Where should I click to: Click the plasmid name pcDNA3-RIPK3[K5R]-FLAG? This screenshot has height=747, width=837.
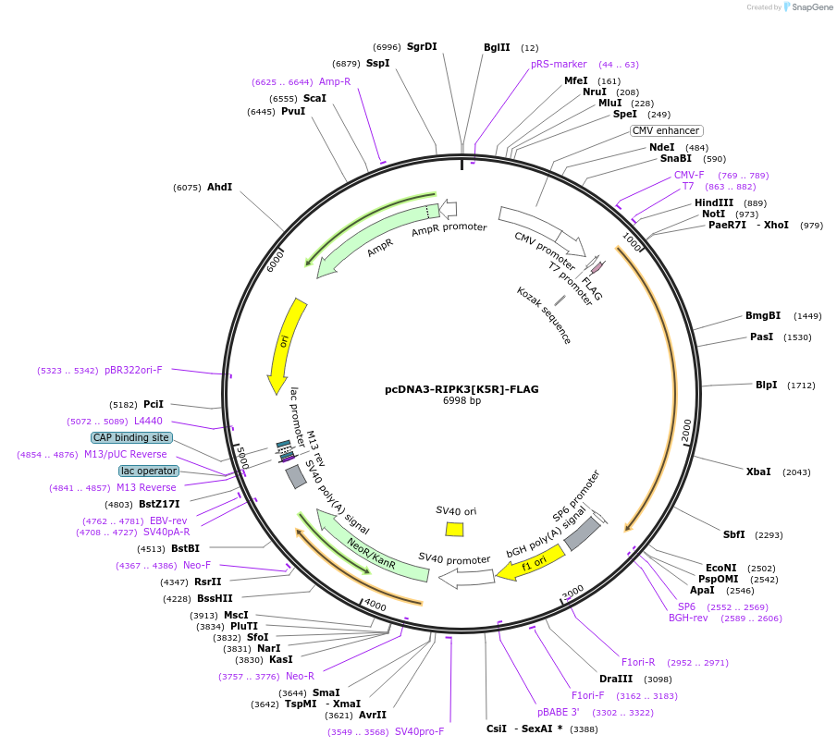tap(462, 389)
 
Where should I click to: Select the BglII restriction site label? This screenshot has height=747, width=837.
tap(497, 47)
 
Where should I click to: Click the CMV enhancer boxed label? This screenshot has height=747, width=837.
tap(666, 130)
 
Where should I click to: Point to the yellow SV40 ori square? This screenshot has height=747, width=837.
tap(454, 529)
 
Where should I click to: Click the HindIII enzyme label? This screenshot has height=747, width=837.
tap(714, 203)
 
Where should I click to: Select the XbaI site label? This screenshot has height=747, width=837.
tap(758, 471)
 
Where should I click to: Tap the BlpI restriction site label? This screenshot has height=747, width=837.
tap(767, 386)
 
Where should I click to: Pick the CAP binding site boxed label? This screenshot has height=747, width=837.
tap(131, 437)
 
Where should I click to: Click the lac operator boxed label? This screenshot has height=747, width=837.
tap(148, 471)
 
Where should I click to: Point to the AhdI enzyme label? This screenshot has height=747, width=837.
tap(219, 187)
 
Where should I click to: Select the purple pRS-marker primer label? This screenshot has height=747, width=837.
tap(559, 64)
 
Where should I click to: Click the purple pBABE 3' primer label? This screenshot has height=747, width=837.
tap(559, 713)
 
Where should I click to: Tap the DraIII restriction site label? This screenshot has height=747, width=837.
tap(616, 679)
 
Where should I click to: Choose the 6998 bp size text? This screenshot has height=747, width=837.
tap(462, 401)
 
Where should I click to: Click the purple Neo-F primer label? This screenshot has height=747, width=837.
tap(196, 565)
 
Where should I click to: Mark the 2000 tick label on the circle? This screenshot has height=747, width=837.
tap(686, 431)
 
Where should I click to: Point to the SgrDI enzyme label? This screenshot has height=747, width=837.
tap(422, 46)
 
